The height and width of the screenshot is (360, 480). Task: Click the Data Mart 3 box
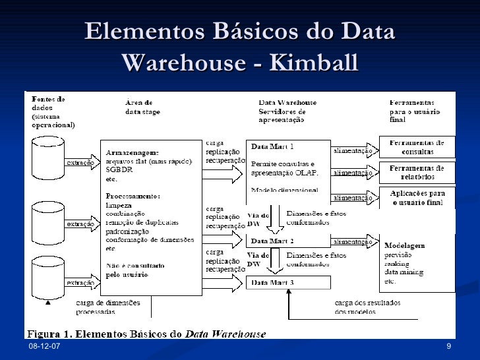[288, 282]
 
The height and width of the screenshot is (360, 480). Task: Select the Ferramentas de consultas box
[417, 147]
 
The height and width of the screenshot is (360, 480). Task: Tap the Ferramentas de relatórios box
[417, 172]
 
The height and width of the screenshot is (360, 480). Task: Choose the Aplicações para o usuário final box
[417, 197]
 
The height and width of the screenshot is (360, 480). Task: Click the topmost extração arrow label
[79, 161]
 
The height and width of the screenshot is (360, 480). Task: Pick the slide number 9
[448, 347]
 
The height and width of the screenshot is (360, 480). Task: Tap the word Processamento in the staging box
[132, 196]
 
